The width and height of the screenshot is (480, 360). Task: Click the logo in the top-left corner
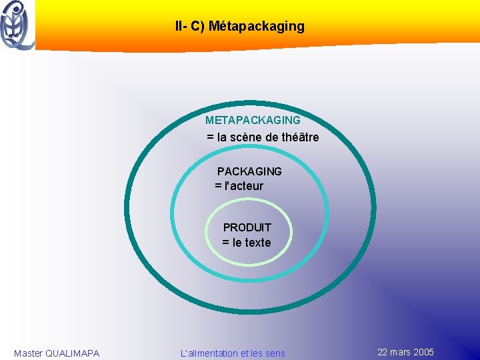click(17, 25)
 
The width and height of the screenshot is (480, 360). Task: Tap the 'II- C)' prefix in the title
click(190, 27)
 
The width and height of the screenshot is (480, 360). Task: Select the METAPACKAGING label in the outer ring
click(253, 121)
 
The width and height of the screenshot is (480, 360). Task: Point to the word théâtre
click(301, 137)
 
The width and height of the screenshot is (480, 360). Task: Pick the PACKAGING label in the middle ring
click(249, 171)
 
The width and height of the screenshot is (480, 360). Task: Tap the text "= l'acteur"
click(239, 186)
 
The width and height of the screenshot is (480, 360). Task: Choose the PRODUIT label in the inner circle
click(247, 227)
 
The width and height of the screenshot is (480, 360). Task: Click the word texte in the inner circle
click(258, 243)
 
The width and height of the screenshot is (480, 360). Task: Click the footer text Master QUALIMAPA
click(57, 353)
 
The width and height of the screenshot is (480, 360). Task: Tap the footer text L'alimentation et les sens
click(233, 353)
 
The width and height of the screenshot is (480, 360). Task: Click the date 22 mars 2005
click(405, 352)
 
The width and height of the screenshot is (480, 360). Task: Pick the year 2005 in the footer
click(423, 352)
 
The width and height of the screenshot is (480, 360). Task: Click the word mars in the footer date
click(401, 352)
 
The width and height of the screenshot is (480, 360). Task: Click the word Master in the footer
click(28, 353)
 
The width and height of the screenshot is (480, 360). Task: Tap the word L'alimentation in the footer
click(209, 353)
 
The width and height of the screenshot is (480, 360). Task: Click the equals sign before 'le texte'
click(226, 243)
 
